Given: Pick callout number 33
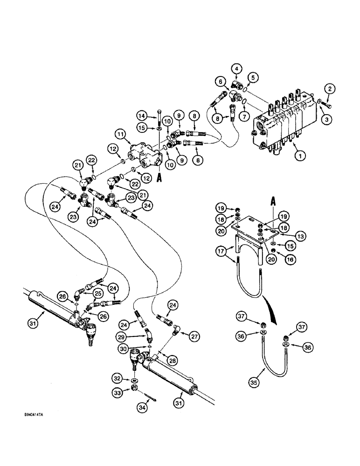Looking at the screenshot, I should click(x=118, y=394).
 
